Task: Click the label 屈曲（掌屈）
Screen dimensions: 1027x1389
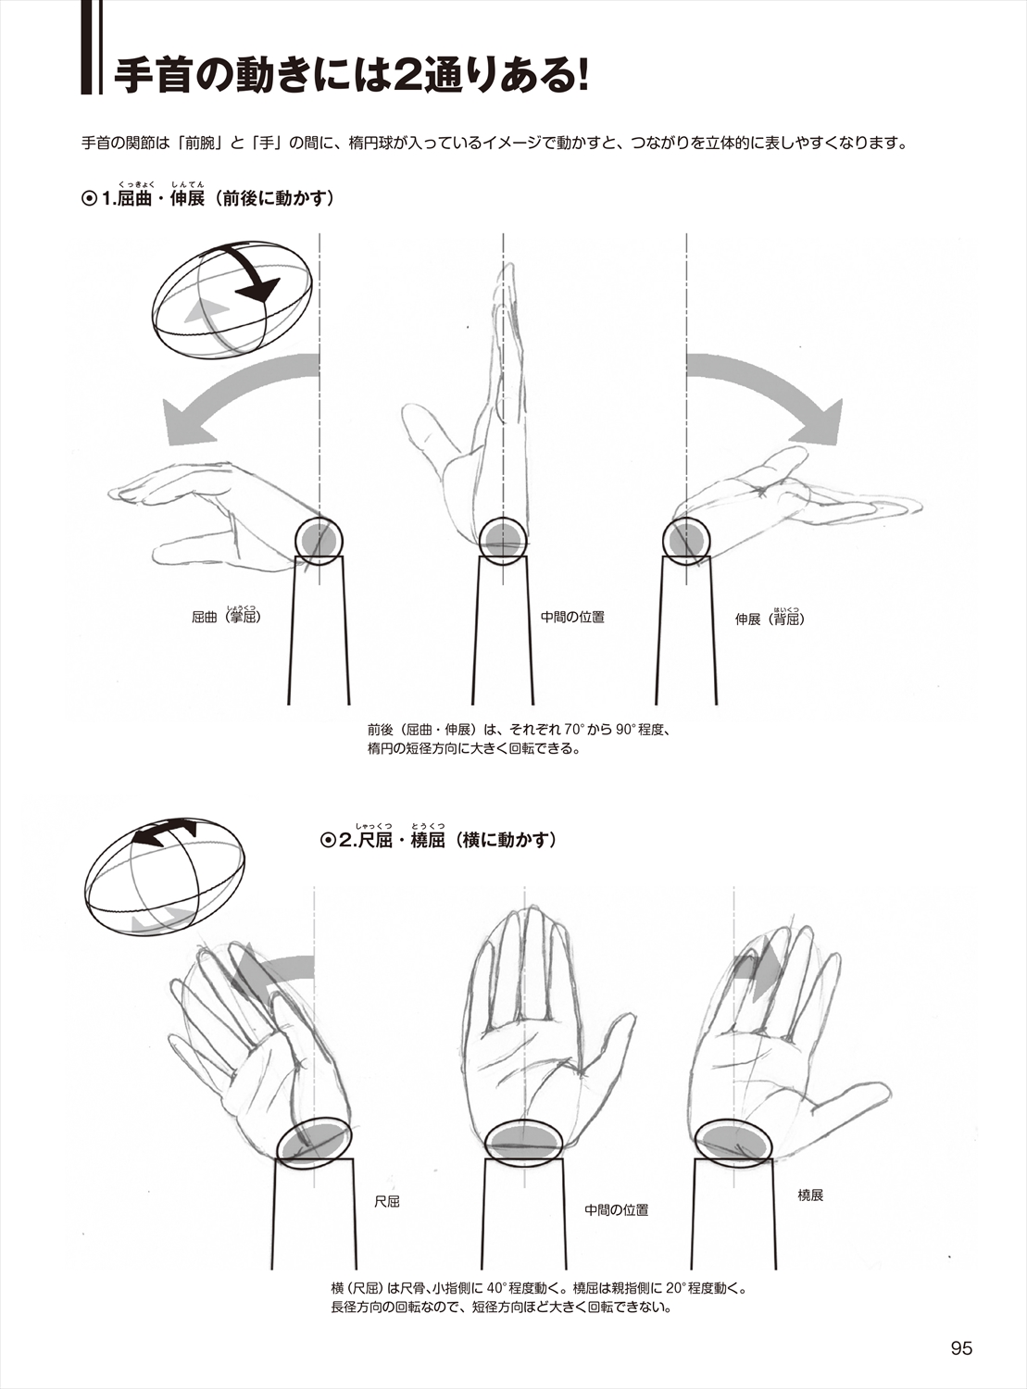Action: pyautogui.click(x=226, y=616)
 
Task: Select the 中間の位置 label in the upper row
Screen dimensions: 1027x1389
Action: pyautogui.click(x=572, y=617)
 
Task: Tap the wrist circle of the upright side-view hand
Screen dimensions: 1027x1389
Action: pyautogui.click(x=504, y=539)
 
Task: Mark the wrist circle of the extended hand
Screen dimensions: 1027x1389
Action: pyautogui.click(x=686, y=539)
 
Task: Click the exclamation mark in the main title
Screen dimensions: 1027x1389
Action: pyautogui.click(x=582, y=77)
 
